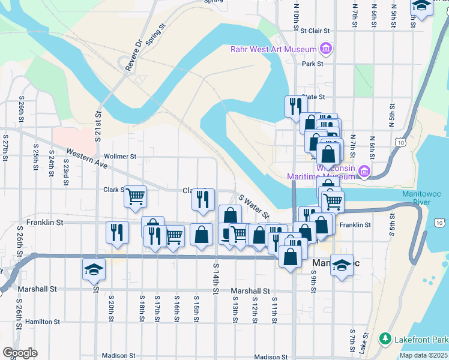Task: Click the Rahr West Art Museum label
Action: (x=273, y=49)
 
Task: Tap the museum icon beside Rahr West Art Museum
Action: (x=325, y=48)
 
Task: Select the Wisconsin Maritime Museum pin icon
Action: (x=364, y=173)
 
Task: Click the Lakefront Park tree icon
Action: (x=385, y=339)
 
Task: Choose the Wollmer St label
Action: (x=119, y=156)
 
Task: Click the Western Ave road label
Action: (x=86, y=158)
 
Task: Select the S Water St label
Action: (x=254, y=206)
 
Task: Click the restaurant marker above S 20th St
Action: (x=117, y=232)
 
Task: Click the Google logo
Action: (x=20, y=353)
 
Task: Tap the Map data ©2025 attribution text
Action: (x=424, y=355)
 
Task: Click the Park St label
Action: (x=313, y=64)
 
